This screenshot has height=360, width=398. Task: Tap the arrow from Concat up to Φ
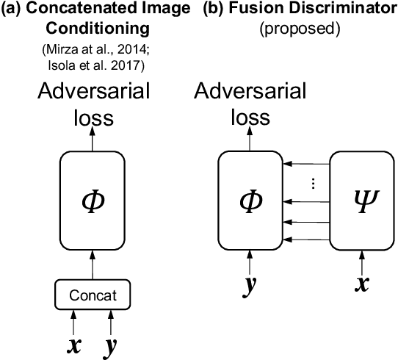pos(93,264)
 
